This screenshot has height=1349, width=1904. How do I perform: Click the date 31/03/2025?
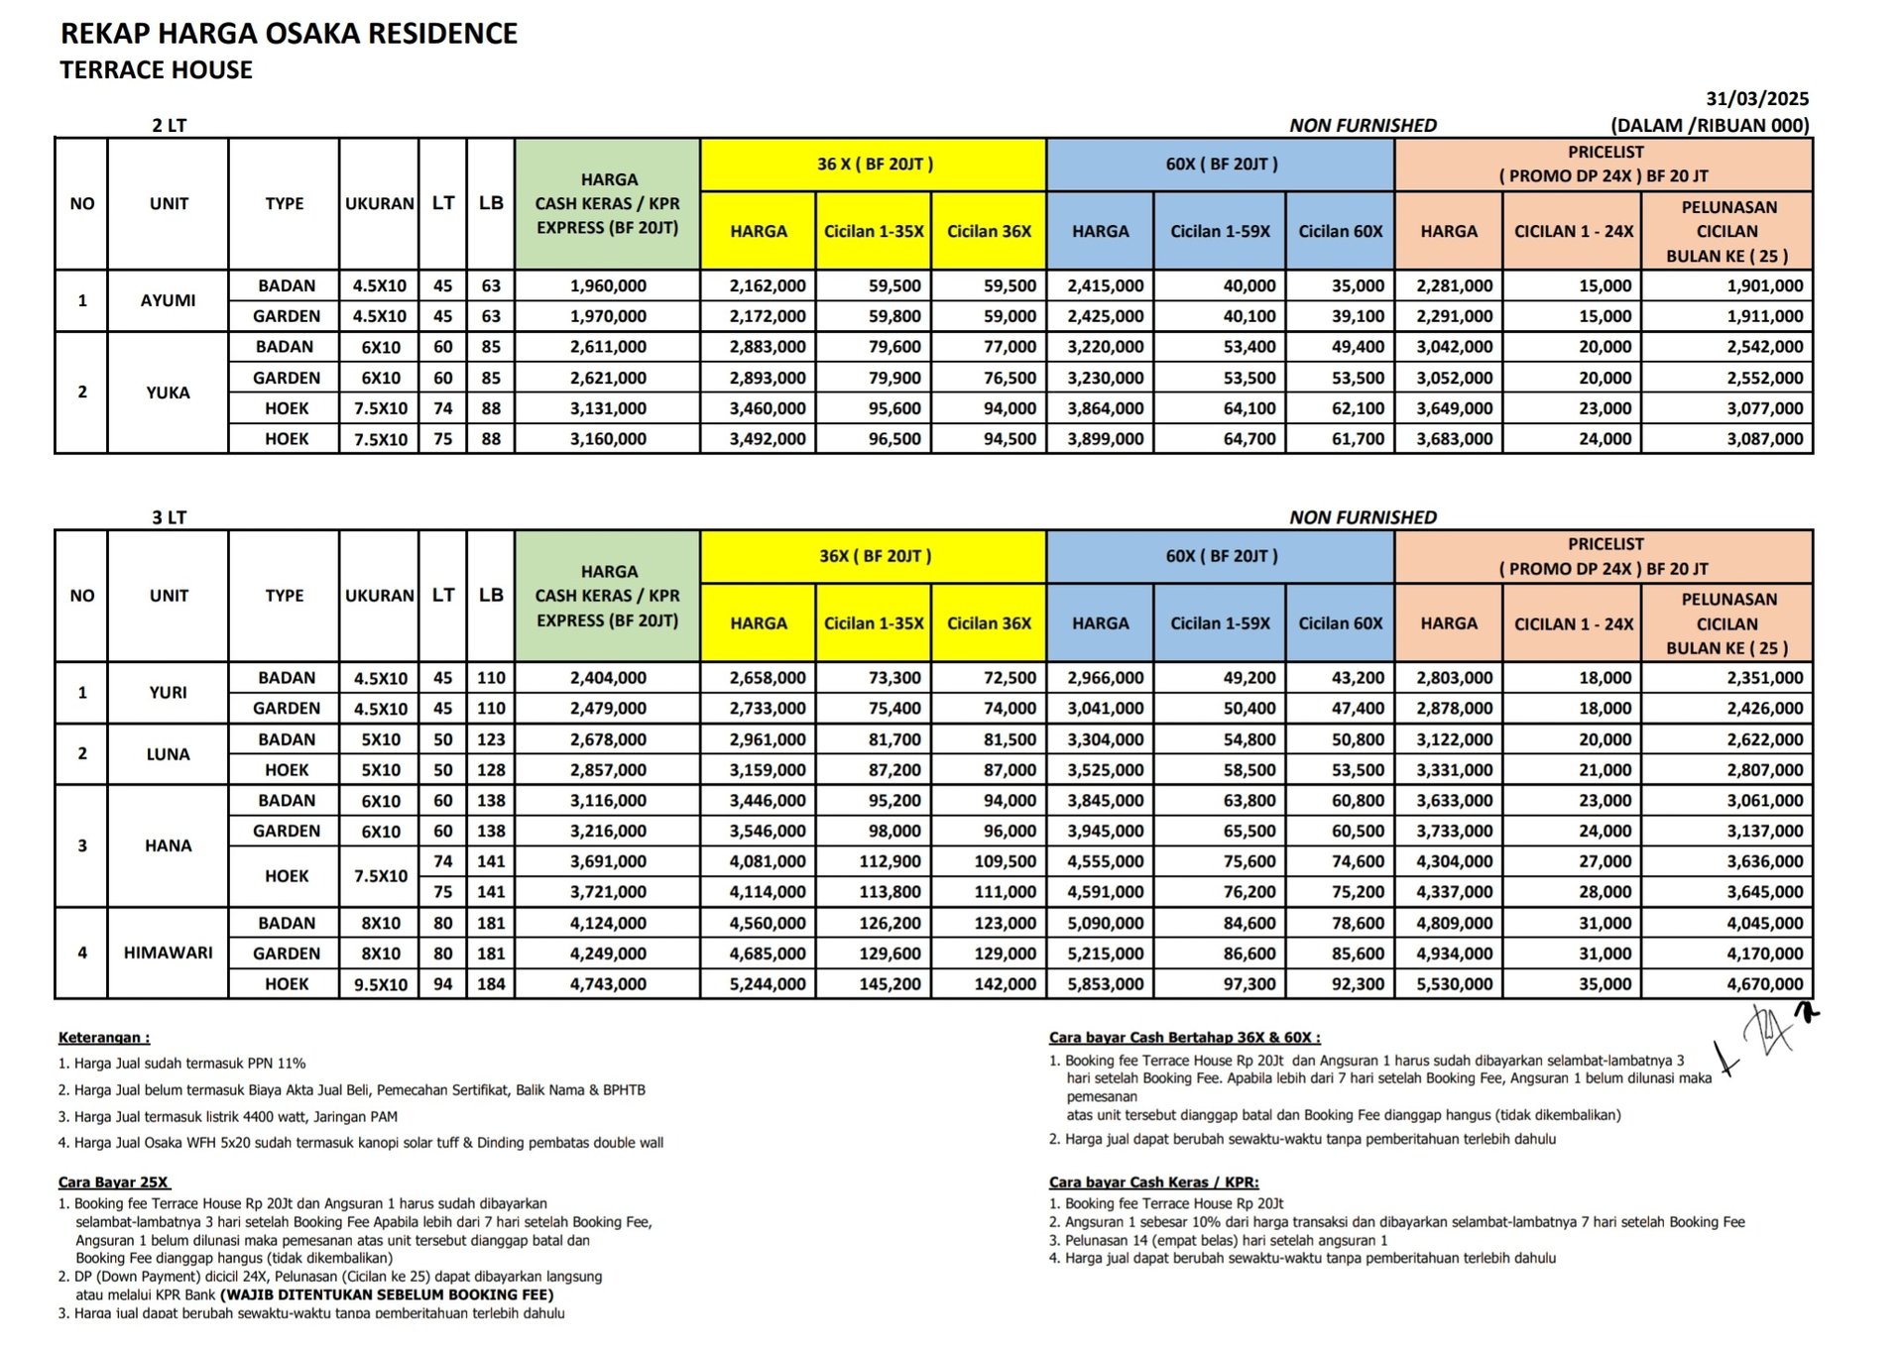tap(1756, 99)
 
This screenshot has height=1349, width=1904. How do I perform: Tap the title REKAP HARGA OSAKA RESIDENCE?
tap(289, 34)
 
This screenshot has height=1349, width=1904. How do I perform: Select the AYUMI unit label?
tap(168, 300)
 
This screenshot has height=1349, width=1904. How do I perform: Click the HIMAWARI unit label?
tap(168, 953)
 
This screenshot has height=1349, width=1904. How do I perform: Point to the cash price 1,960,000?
tap(608, 285)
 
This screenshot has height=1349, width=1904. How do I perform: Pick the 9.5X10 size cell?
tap(381, 984)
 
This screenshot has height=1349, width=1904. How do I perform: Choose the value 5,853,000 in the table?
tap(1105, 984)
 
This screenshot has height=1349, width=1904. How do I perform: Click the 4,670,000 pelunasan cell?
tap(1764, 984)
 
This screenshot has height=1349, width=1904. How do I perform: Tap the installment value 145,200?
tap(890, 984)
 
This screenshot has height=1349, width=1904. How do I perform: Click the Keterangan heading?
tap(104, 1038)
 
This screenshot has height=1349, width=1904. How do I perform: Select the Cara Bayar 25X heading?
tap(114, 1182)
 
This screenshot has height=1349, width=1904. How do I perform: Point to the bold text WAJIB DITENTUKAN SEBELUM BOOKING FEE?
tap(387, 1294)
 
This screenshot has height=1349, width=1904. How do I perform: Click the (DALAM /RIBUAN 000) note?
tap(1710, 126)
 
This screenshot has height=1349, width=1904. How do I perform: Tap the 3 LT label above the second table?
tap(169, 517)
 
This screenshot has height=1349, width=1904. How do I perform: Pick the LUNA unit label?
tap(168, 754)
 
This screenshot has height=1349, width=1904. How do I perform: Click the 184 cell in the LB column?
tap(491, 984)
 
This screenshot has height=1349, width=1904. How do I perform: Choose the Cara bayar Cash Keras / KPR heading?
tap(1153, 1182)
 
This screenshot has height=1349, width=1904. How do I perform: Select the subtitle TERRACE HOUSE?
tap(156, 70)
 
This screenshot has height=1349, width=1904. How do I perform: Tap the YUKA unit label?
tap(168, 393)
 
